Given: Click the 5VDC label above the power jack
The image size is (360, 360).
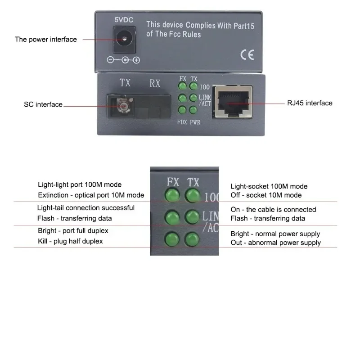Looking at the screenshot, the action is (x=124, y=20).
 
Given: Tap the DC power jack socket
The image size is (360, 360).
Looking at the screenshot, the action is (x=124, y=40).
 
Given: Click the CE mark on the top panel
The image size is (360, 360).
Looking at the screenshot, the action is (x=247, y=55).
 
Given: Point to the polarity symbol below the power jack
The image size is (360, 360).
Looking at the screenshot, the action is (x=123, y=60).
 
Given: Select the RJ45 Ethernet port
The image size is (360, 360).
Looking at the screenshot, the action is (x=232, y=102).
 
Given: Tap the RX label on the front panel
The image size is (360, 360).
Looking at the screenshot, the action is (x=155, y=83).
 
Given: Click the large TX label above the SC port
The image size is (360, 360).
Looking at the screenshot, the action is (x=125, y=83).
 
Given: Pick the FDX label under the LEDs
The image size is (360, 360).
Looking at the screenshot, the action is (x=182, y=122).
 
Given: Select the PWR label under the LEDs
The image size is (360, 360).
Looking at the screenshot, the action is (x=195, y=122).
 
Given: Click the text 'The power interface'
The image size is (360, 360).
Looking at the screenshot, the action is (x=46, y=40).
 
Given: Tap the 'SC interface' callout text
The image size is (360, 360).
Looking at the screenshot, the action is (x=43, y=104).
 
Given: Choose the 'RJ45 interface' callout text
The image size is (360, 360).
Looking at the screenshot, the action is (x=310, y=103).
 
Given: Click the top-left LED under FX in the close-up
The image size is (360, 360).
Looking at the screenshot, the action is (x=172, y=195).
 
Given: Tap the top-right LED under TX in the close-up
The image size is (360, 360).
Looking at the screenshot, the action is (x=193, y=195).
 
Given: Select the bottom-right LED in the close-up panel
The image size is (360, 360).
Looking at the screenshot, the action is (x=192, y=239).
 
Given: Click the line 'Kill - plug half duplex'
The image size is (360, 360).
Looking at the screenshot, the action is (x=70, y=241).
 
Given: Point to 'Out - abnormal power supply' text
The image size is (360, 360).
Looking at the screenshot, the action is (x=275, y=243).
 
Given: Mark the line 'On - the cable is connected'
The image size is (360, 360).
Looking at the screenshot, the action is (x=273, y=209).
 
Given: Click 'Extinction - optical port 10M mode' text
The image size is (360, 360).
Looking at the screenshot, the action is (x=91, y=195).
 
